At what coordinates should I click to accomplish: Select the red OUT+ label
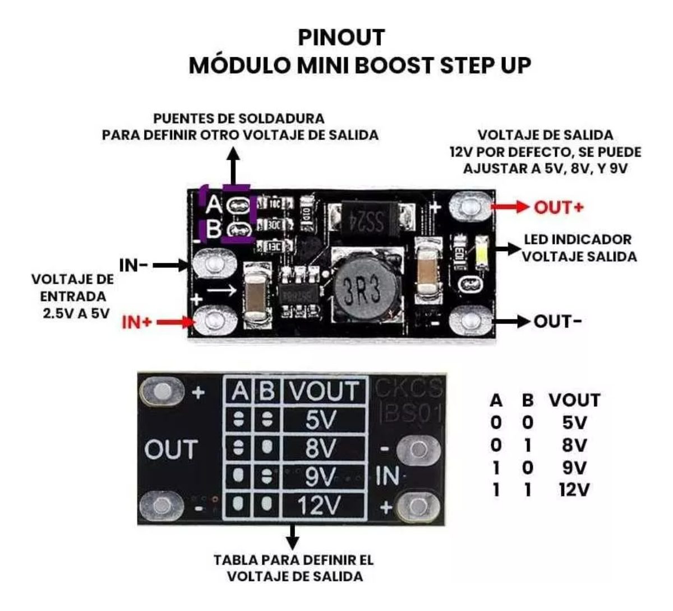point(559,207)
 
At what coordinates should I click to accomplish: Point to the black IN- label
point(134,265)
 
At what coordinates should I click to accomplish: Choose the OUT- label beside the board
point(557,322)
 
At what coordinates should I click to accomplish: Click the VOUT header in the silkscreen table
point(324,391)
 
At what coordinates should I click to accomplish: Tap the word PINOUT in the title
point(341,38)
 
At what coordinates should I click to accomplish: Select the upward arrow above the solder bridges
point(235,164)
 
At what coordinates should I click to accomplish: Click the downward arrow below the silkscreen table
point(292,538)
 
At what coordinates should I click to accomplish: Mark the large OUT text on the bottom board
point(171,450)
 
